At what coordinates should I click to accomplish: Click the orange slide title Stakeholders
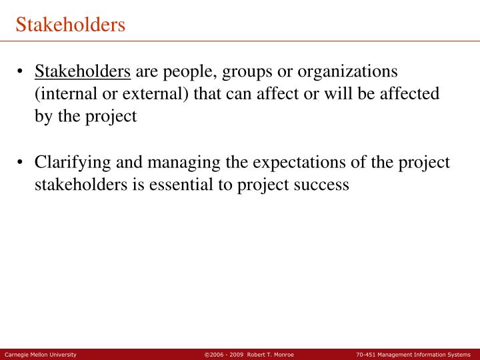point(71,25)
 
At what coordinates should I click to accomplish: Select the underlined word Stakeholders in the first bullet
point(83,71)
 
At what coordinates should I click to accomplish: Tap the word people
point(186,71)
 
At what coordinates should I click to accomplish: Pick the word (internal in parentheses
point(64,93)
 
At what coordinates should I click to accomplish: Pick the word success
point(321,185)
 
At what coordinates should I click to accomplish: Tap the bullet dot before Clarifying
point(22,163)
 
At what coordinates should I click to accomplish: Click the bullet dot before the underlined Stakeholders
point(22,71)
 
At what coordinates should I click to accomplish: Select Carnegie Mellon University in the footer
point(41,355)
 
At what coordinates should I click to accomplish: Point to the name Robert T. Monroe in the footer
point(271,355)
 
